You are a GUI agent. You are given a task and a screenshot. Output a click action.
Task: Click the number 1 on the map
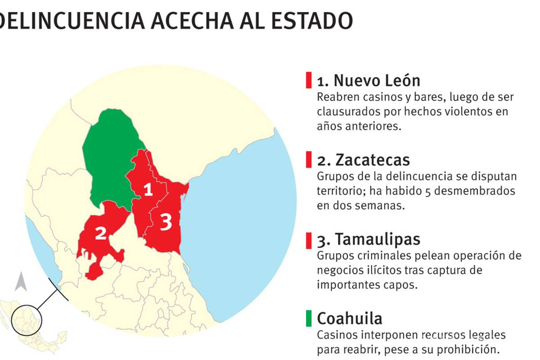click(148, 190)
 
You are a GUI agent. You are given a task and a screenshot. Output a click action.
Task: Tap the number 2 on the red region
click(100, 233)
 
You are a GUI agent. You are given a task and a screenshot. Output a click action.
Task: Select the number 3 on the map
click(166, 222)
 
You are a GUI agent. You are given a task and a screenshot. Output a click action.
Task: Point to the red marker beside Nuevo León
click(308, 80)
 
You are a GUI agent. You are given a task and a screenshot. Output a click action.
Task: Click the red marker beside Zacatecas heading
click(308, 160)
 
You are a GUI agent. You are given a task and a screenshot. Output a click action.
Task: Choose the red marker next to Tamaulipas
click(308, 239)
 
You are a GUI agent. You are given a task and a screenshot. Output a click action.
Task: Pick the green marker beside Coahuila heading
click(308, 318)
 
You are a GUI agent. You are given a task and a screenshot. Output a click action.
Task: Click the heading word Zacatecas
click(373, 160)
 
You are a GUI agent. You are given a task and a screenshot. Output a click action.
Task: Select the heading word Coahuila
click(350, 319)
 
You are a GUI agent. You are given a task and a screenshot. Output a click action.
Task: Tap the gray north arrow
click(20, 282)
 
